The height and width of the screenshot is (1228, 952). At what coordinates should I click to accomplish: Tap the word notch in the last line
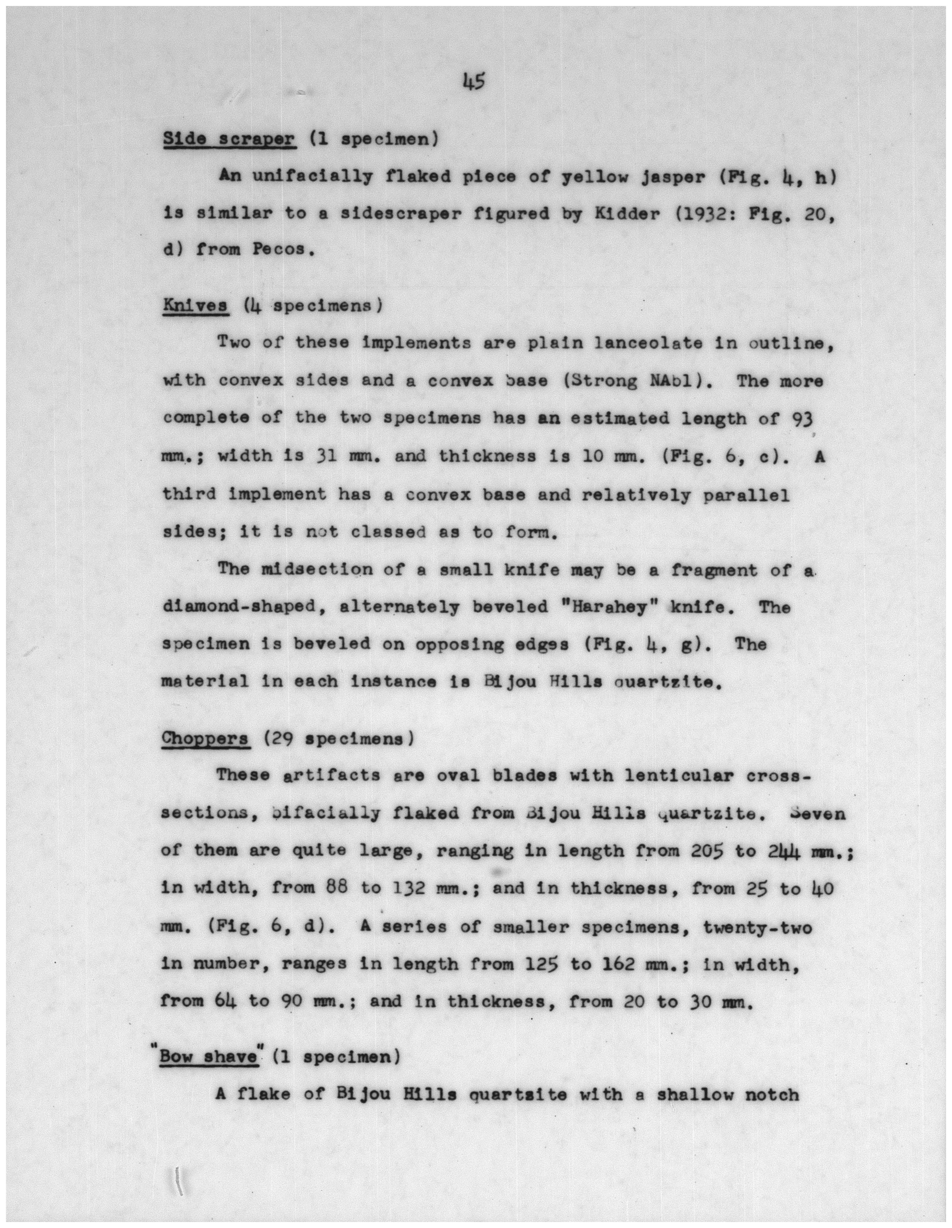tap(771, 1095)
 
